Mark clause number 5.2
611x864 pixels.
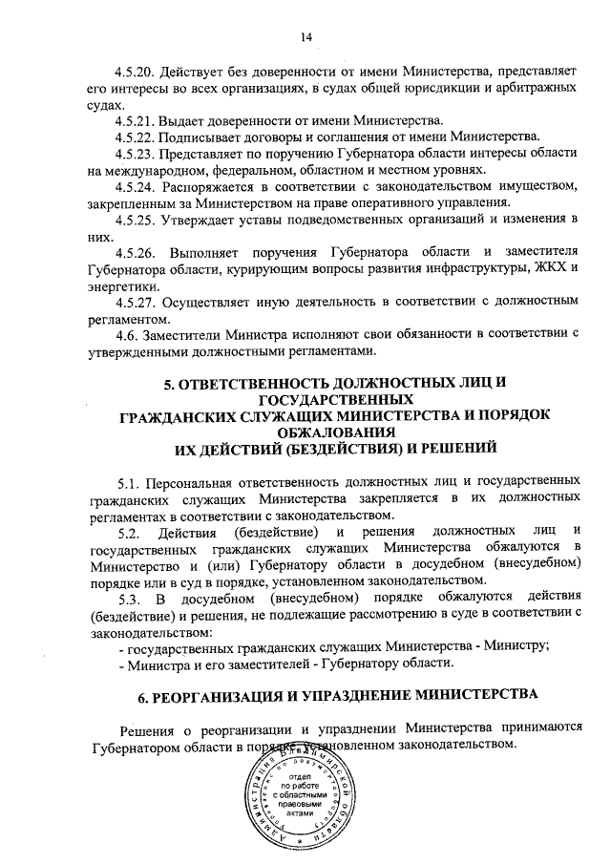tap(130, 530)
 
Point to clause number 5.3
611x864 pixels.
tap(130, 598)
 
